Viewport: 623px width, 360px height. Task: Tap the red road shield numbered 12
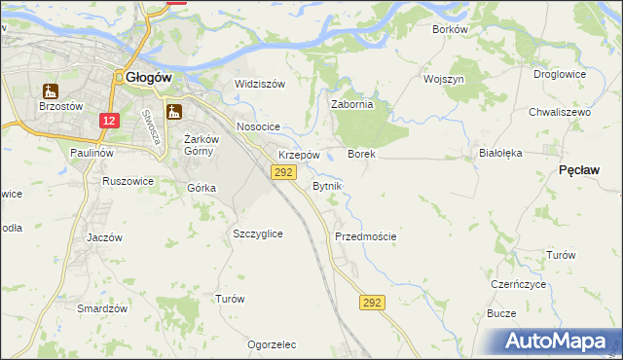tap(109, 121)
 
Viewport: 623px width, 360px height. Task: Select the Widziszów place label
tap(260, 84)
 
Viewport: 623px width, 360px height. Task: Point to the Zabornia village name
tap(353, 104)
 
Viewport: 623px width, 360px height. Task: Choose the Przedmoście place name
tap(365, 236)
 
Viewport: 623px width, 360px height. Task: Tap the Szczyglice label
tap(258, 234)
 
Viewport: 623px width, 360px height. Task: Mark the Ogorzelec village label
tap(272, 344)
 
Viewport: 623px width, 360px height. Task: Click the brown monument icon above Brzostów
tap(50, 91)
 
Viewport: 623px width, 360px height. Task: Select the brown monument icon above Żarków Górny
tap(174, 112)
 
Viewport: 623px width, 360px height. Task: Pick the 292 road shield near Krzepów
tap(282, 172)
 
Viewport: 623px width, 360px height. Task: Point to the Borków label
tap(451, 29)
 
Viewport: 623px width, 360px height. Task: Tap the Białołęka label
tap(501, 153)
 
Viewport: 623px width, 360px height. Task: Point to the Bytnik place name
tap(326, 185)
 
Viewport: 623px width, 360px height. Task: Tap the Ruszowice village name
tap(128, 180)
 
